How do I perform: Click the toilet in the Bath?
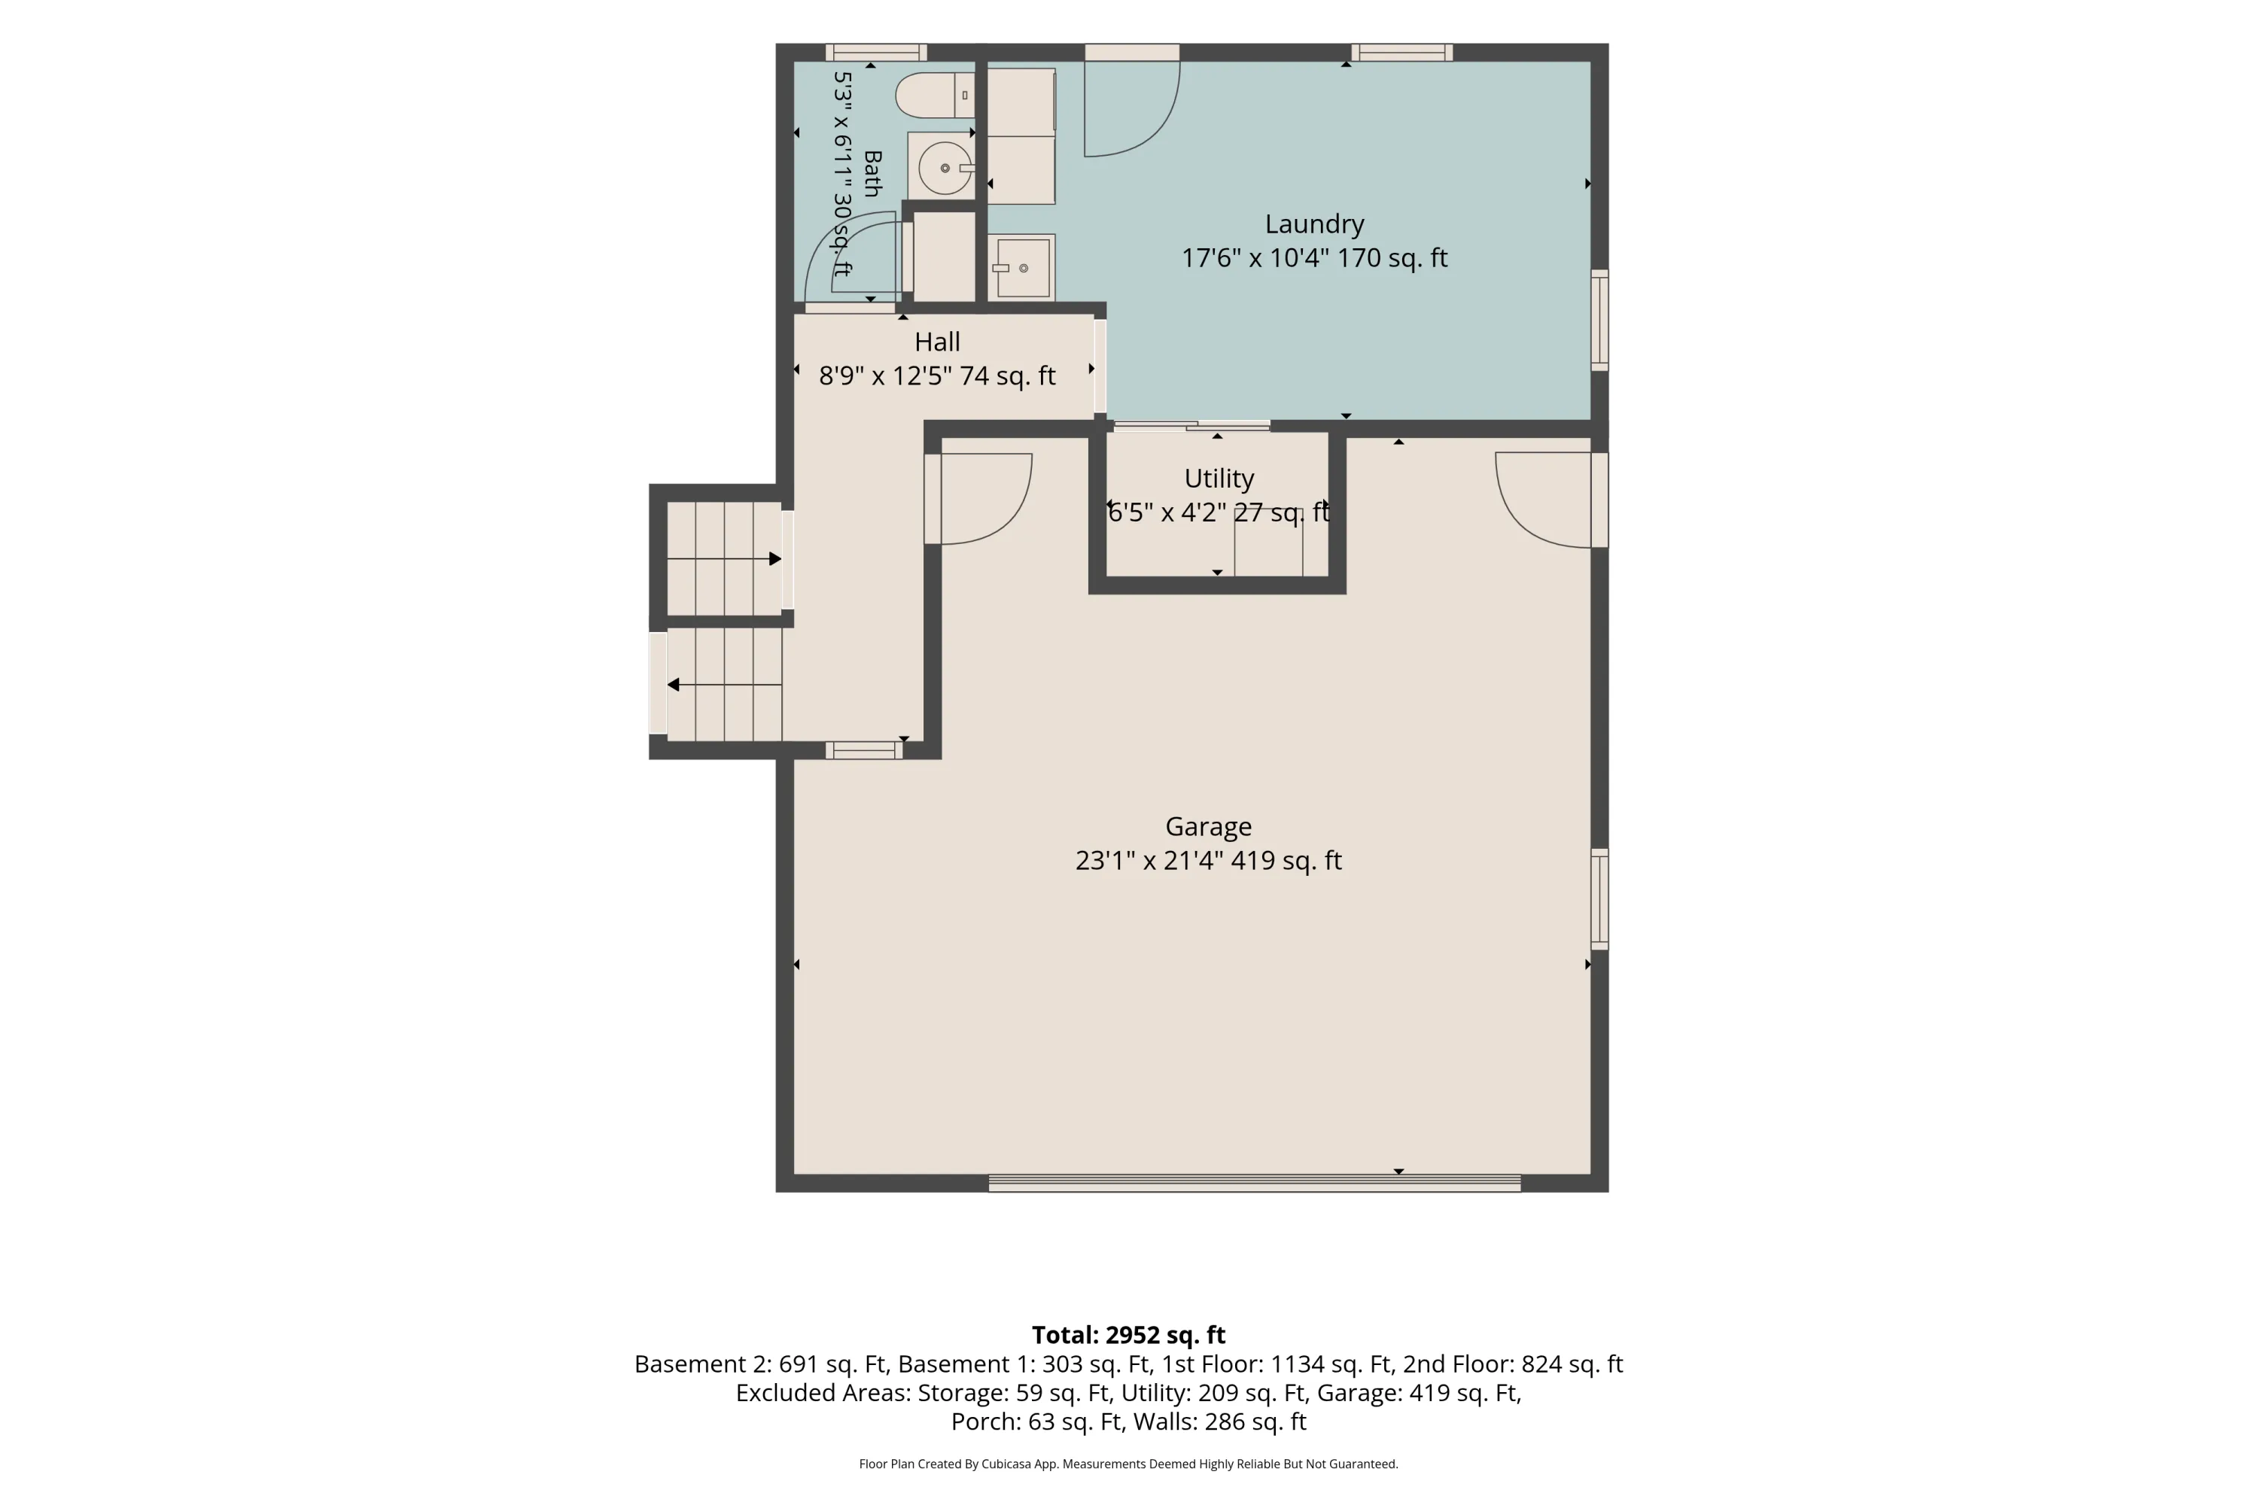(935, 95)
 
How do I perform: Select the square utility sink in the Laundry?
(1022, 268)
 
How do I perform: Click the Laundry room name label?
(1314, 223)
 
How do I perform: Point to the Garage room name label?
(1209, 826)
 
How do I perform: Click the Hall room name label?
(937, 342)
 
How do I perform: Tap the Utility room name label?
(1219, 478)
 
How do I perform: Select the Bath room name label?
(872, 174)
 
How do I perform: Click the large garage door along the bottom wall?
(1255, 1182)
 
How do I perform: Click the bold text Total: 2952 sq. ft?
(1129, 1335)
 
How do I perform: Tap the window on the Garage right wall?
(1599, 899)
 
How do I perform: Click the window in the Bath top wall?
(875, 53)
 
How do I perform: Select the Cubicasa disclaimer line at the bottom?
(1129, 1464)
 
